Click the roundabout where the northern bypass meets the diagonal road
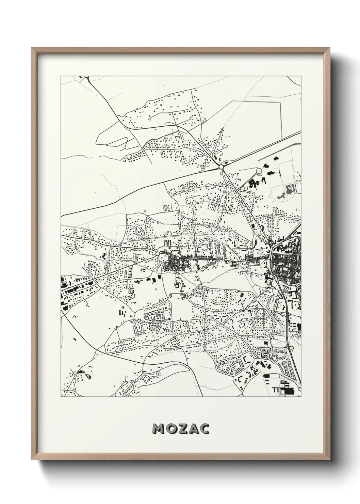click(221, 167)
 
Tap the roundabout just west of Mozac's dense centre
click(158, 254)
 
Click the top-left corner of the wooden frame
click(32, 48)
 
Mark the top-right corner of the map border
click(301, 76)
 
